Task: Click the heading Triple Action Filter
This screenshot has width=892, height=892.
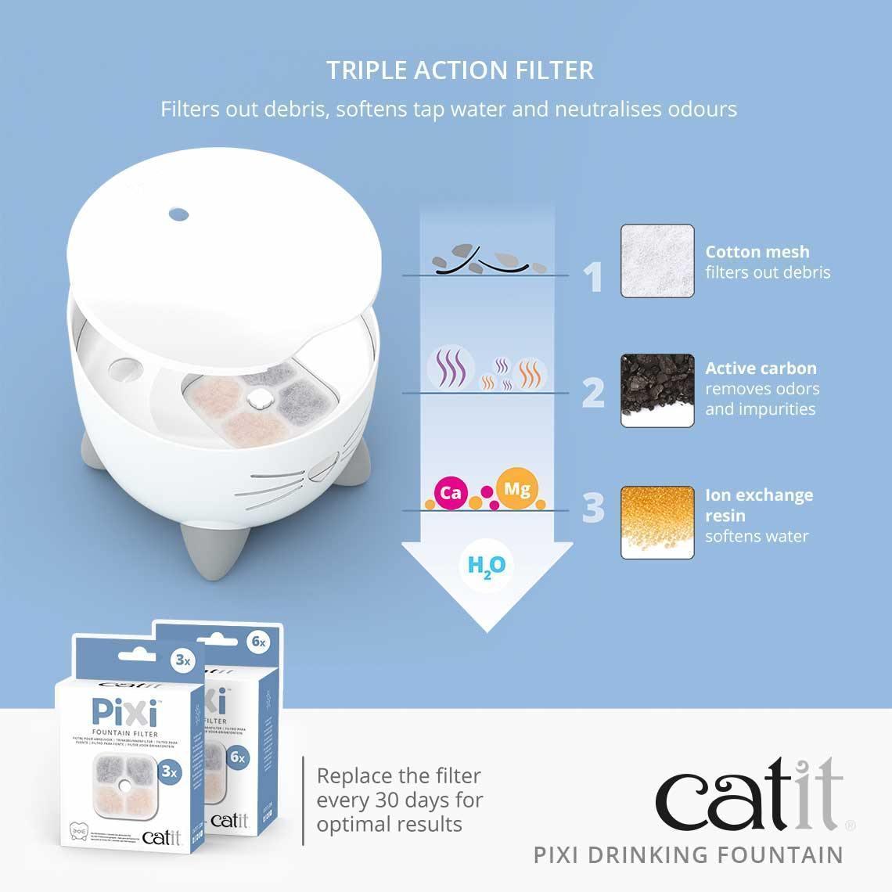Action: tap(460, 70)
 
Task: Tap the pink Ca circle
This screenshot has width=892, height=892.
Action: tap(451, 494)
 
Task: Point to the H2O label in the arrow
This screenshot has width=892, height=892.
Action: tap(486, 566)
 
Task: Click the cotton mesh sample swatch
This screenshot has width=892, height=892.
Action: tap(657, 261)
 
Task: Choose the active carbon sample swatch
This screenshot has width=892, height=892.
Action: tap(657, 390)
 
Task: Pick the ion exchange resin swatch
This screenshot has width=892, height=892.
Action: tap(657, 522)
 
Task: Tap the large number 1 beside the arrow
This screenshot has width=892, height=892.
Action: tap(595, 277)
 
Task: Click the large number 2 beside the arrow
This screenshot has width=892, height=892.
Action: tap(593, 393)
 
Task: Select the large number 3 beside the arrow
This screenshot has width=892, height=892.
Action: tap(594, 508)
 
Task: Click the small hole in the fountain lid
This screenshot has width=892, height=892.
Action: tap(178, 212)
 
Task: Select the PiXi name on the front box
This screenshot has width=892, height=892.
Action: tap(124, 713)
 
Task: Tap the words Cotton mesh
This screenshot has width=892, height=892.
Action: tap(757, 252)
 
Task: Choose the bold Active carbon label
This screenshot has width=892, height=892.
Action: tap(761, 368)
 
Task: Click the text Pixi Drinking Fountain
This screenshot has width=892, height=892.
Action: tap(689, 854)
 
